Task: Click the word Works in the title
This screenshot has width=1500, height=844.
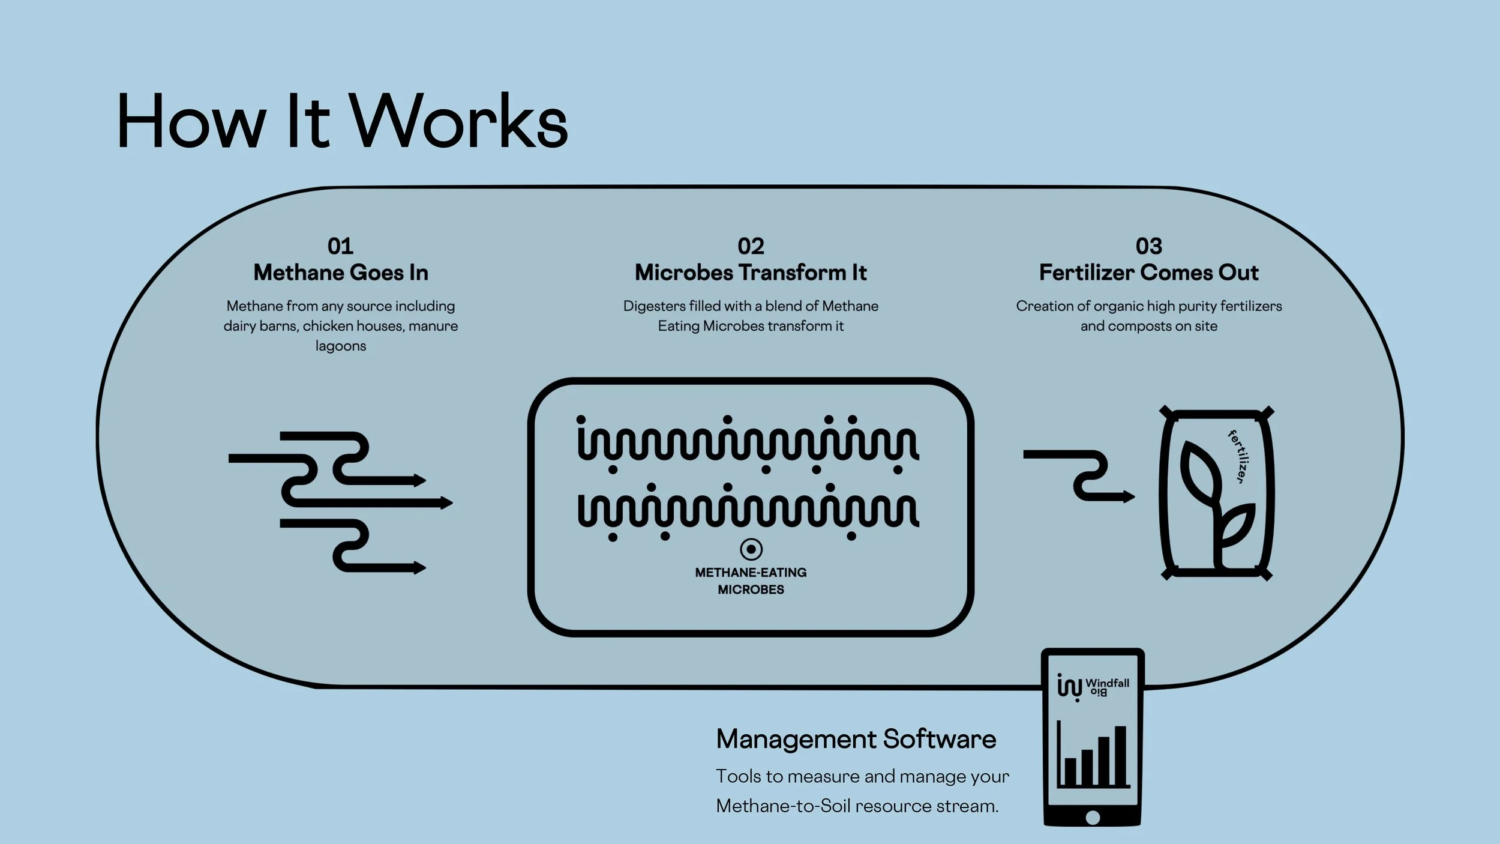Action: [458, 122]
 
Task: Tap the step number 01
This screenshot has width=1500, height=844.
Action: [340, 246]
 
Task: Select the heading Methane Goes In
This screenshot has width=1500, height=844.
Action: [341, 273]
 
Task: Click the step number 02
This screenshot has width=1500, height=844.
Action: [751, 246]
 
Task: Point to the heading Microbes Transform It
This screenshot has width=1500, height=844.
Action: [751, 273]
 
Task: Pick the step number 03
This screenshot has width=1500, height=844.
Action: [1148, 246]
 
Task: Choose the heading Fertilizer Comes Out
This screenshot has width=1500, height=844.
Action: [1148, 273]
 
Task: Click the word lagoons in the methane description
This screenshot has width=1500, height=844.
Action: [341, 346]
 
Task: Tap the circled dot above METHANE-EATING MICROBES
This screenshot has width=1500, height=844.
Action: [751, 549]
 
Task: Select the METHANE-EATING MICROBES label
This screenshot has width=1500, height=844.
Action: [751, 581]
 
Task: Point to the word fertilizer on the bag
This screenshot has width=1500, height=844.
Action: [1240, 457]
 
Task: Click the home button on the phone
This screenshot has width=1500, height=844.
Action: [1093, 817]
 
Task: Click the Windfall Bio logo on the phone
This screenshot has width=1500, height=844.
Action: [1092, 686]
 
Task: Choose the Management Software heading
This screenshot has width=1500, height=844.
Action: [856, 739]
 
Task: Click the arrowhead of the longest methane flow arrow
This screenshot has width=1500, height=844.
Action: [446, 502]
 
